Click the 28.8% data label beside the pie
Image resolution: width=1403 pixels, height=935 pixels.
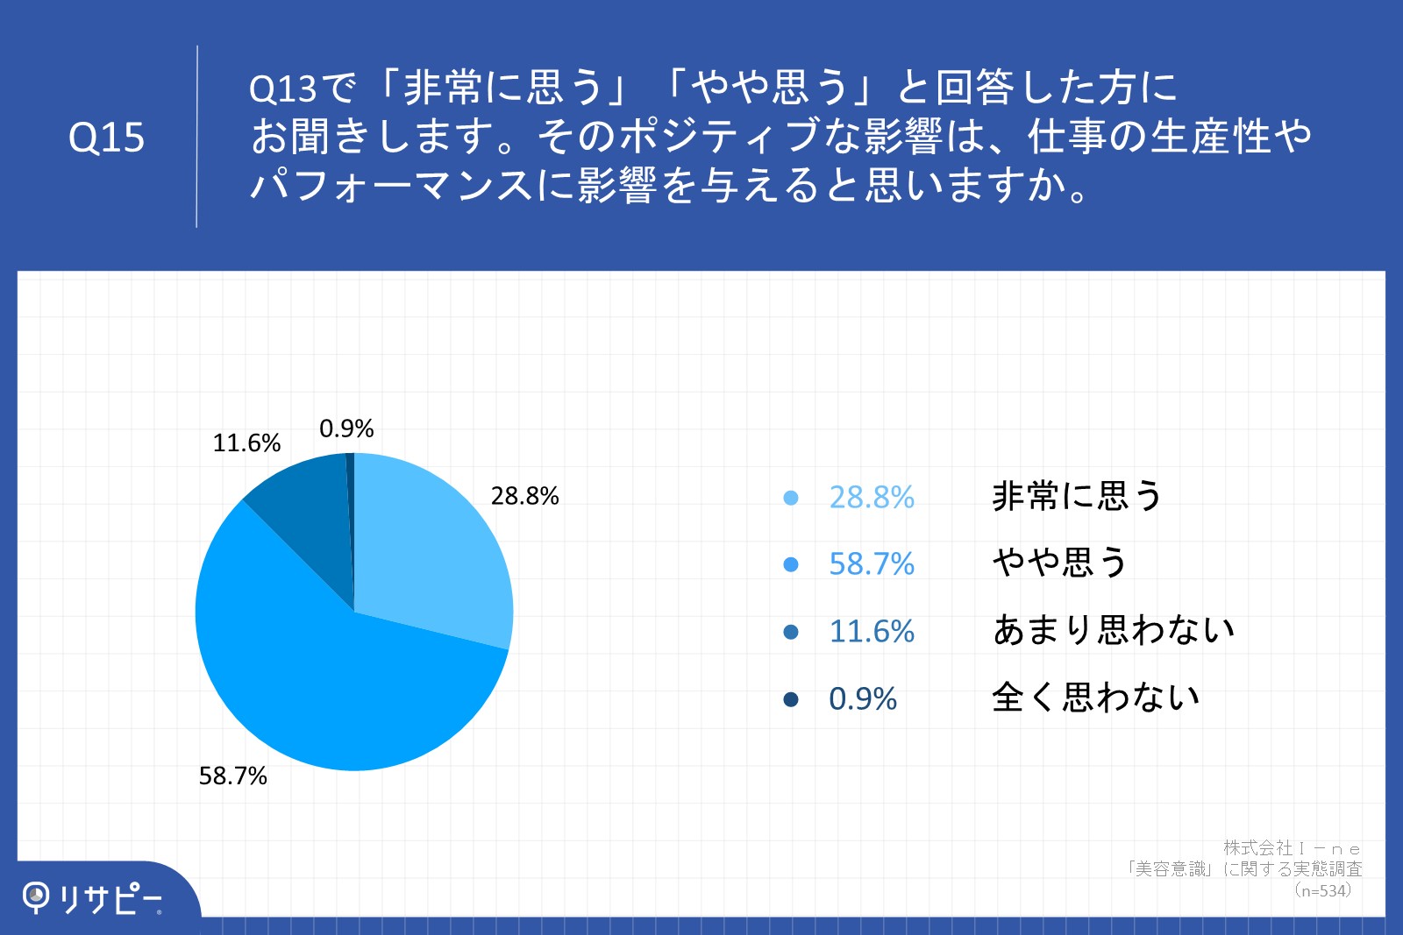point(525,496)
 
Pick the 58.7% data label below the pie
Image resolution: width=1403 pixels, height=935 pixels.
point(233,776)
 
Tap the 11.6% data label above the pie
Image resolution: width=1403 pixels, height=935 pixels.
point(246,443)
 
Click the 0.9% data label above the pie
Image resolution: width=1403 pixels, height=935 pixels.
point(346,429)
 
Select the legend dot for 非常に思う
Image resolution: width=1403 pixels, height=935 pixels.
point(791,498)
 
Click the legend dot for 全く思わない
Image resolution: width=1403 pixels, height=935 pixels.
point(791,699)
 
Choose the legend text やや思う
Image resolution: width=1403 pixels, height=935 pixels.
point(1060,562)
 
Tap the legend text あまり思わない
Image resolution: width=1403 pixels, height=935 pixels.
point(1114,629)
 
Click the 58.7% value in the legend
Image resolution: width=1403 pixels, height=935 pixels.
point(872,563)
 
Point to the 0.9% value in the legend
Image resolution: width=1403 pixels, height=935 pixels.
point(863,699)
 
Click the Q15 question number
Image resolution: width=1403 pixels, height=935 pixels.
point(106,138)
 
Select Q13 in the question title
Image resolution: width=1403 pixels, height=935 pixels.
point(282,89)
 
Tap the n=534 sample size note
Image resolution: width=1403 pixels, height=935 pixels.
point(1323,890)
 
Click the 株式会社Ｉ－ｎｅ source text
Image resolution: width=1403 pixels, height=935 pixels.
point(1293,848)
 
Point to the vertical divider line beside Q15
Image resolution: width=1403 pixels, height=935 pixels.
point(196,137)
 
